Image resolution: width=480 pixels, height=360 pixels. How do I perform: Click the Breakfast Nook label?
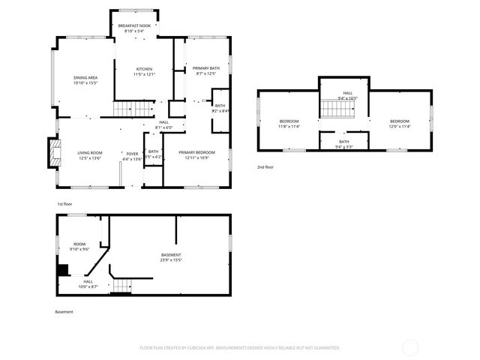point(134,28)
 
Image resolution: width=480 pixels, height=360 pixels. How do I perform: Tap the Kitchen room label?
point(144,70)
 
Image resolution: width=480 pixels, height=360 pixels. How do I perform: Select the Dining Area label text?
point(85,80)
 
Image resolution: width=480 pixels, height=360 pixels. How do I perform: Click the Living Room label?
point(90,155)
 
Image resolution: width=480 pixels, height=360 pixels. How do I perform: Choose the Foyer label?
point(132,156)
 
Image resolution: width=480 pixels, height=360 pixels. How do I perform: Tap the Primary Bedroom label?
point(196,155)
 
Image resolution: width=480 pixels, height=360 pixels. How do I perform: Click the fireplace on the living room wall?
point(52,152)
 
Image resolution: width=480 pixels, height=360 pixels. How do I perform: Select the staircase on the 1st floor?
point(128,110)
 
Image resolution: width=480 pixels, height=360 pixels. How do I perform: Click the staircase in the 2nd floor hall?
point(337,109)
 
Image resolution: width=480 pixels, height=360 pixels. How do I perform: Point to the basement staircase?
point(122,286)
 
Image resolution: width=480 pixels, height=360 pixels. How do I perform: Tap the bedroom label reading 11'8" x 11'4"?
point(289,124)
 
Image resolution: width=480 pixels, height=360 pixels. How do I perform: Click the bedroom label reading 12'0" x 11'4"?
point(399,124)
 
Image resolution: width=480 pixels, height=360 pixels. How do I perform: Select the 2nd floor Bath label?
point(343,144)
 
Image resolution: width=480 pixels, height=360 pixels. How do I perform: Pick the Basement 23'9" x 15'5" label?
point(171,257)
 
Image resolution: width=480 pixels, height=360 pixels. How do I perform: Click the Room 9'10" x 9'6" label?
point(79,246)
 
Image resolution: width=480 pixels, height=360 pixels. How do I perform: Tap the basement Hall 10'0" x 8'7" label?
point(88,283)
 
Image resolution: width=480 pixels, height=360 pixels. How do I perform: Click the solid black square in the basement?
point(63,270)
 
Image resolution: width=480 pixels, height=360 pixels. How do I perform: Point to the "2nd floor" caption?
point(265,166)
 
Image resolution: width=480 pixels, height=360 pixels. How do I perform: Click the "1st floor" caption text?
point(64,203)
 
